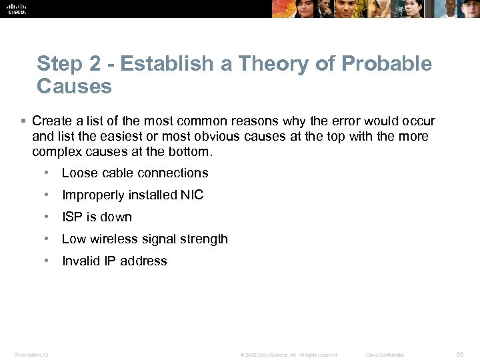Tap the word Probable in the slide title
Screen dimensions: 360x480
(x=387, y=64)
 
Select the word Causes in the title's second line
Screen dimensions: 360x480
(x=75, y=86)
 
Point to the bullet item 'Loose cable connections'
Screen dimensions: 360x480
(x=135, y=173)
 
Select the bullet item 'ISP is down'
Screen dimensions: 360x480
(x=97, y=217)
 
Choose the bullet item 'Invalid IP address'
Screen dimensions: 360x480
(x=114, y=261)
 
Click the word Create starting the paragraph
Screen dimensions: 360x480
(x=51, y=121)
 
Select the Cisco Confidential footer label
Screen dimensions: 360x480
(x=385, y=355)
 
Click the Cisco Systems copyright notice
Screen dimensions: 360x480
(x=289, y=355)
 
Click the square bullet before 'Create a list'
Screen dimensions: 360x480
(x=23, y=121)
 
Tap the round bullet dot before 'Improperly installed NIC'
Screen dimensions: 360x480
(x=47, y=195)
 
